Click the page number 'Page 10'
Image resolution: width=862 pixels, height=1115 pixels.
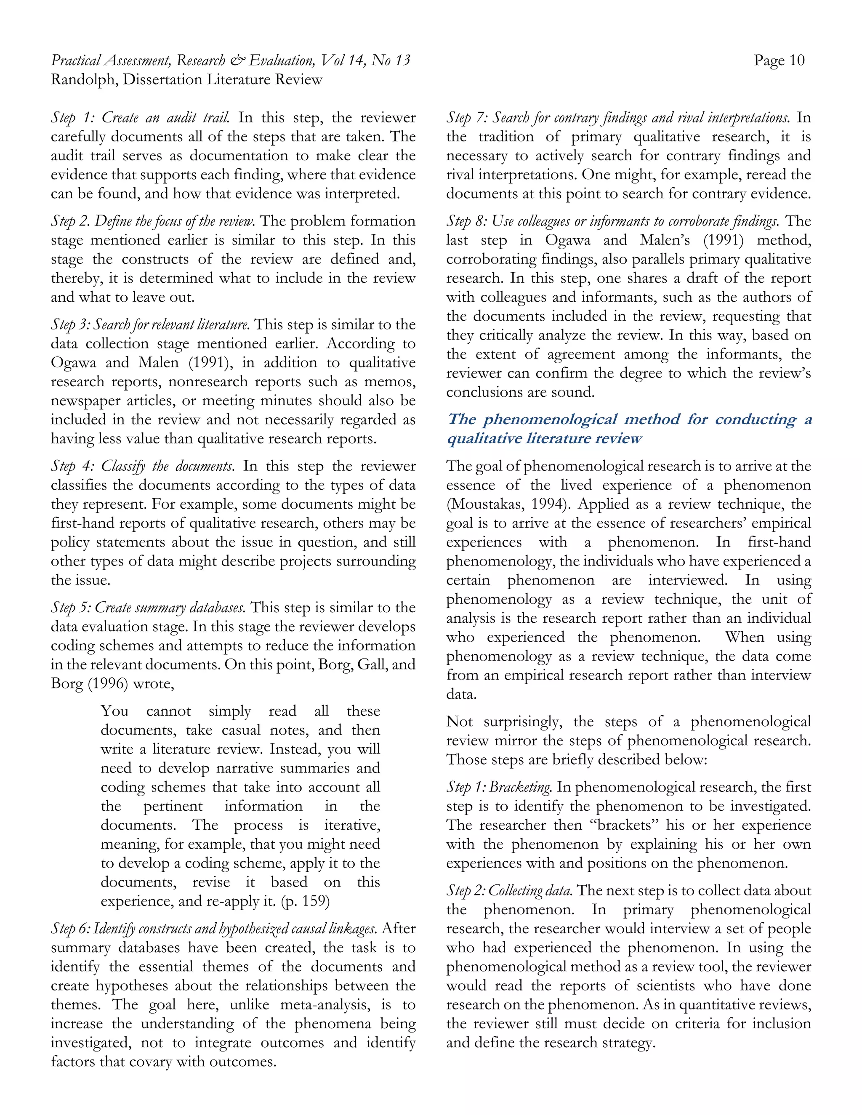(779, 61)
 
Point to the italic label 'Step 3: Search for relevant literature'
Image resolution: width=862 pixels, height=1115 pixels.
(150, 325)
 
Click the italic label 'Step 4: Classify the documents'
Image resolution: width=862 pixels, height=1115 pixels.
(143, 466)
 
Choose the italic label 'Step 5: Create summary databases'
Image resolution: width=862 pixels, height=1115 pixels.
(148, 608)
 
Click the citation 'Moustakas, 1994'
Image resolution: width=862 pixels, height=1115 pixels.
(507, 504)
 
